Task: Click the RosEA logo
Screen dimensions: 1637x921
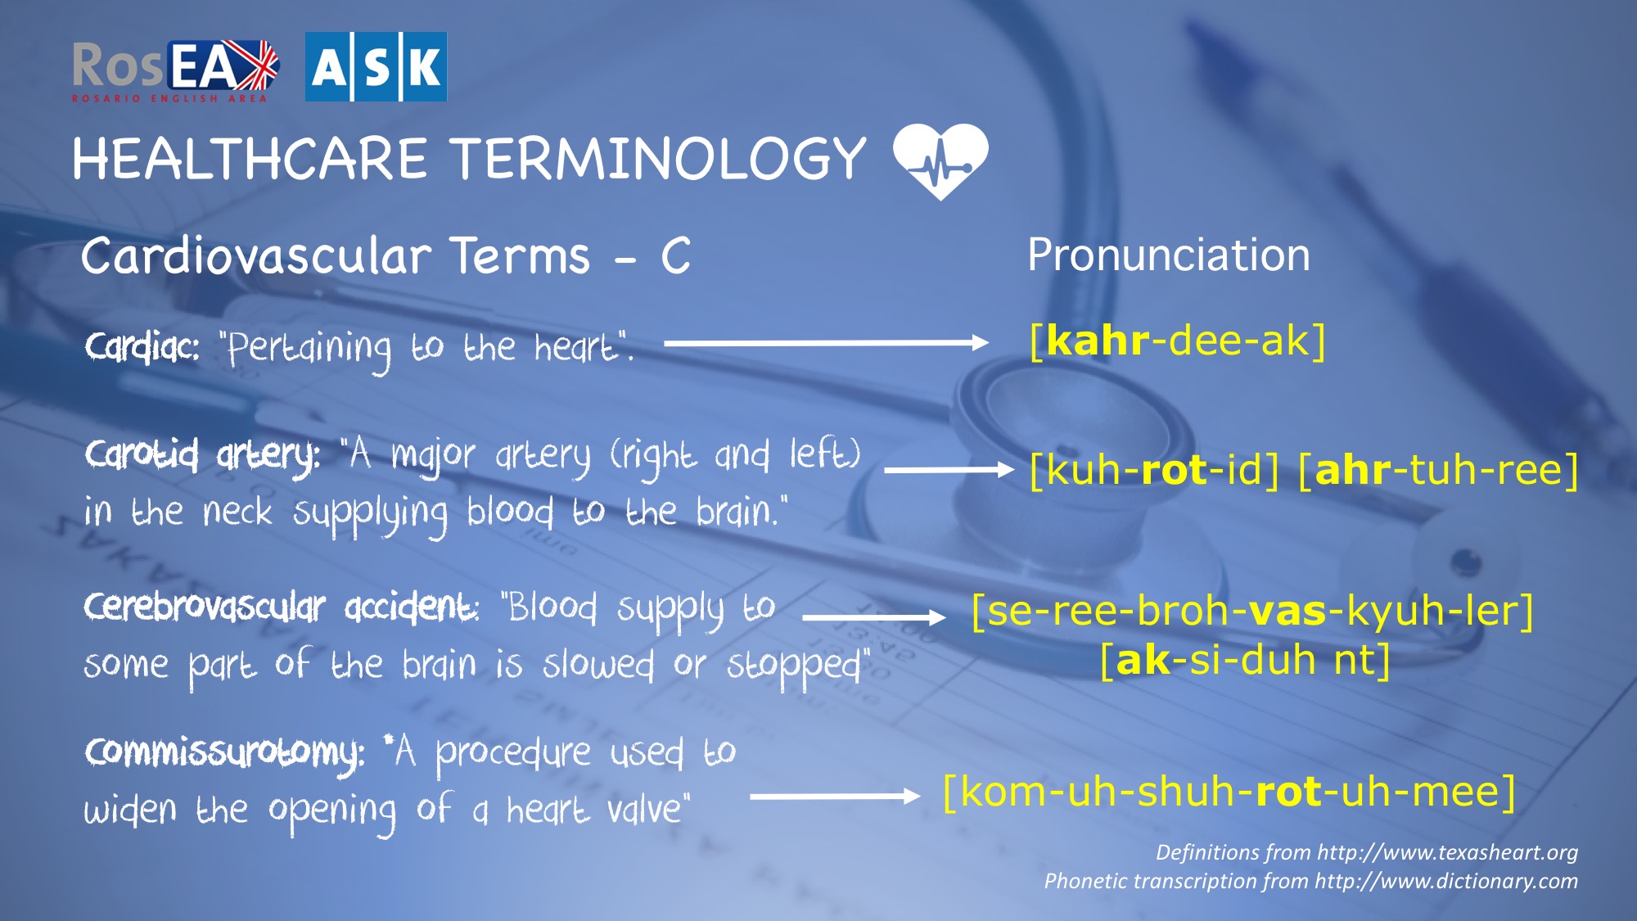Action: (x=175, y=71)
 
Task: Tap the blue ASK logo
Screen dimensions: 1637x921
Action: (x=376, y=67)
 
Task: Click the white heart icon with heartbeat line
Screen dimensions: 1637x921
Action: (x=940, y=161)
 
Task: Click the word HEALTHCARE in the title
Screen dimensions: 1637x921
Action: (x=250, y=158)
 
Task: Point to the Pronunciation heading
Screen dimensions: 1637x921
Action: (x=1168, y=255)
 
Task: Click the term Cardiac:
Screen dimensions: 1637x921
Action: (x=142, y=348)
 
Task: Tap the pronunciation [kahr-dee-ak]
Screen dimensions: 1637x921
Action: (x=1177, y=341)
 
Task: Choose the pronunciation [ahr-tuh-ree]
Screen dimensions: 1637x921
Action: (x=1438, y=470)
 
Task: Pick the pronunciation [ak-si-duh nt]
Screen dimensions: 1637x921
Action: (x=1245, y=660)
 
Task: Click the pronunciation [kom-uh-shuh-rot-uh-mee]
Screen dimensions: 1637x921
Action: (x=1229, y=792)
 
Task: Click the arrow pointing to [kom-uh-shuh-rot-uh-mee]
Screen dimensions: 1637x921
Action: (x=835, y=796)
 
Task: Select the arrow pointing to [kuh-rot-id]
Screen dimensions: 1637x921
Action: (x=949, y=470)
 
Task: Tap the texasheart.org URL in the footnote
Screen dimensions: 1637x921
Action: (x=1447, y=852)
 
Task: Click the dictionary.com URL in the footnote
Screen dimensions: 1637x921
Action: (x=1446, y=881)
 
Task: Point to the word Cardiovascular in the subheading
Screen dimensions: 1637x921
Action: (x=255, y=255)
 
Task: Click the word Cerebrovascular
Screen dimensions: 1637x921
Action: (x=205, y=607)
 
